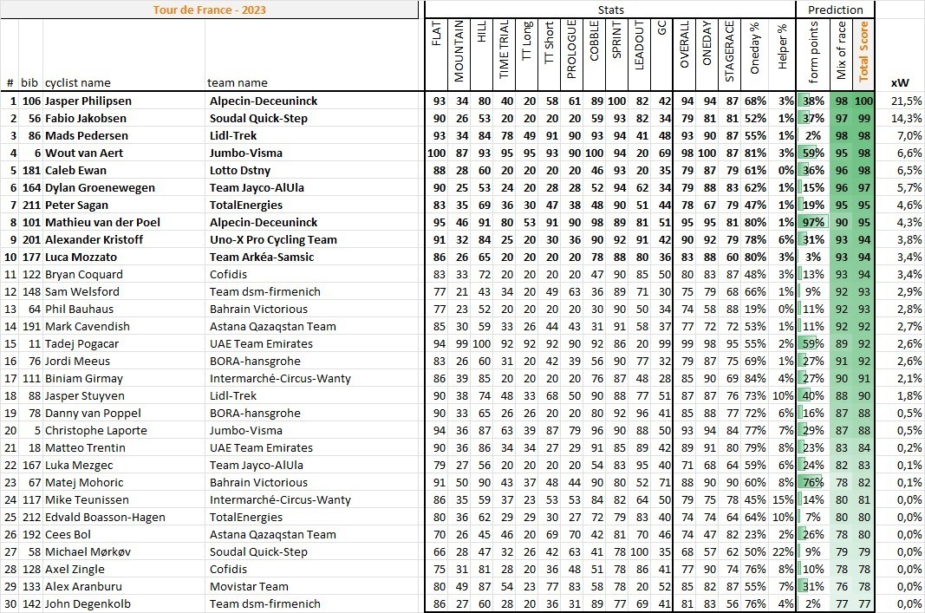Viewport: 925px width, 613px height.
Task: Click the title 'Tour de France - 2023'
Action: pyautogui.click(x=209, y=10)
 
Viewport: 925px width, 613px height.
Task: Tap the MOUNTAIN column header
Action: pyautogui.click(x=459, y=52)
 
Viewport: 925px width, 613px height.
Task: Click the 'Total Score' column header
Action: pyautogui.click(x=863, y=52)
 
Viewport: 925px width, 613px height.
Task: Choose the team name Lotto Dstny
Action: pyautogui.click(x=241, y=170)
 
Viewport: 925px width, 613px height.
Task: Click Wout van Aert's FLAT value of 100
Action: pyautogui.click(x=436, y=153)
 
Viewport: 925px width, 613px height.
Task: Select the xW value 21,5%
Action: pyautogui.click(x=905, y=101)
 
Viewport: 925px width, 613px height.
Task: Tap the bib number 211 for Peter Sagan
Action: pyautogui.click(x=31, y=205)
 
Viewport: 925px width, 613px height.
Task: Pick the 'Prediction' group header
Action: pyautogui.click(x=835, y=10)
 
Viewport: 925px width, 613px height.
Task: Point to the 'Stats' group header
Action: pyautogui.click(x=611, y=10)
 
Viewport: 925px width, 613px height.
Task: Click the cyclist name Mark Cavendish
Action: pyautogui.click(x=88, y=326)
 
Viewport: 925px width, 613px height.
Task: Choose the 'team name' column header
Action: pyautogui.click(x=238, y=83)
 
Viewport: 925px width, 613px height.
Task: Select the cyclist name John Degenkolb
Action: pyautogui.click(x=86, y=603)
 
